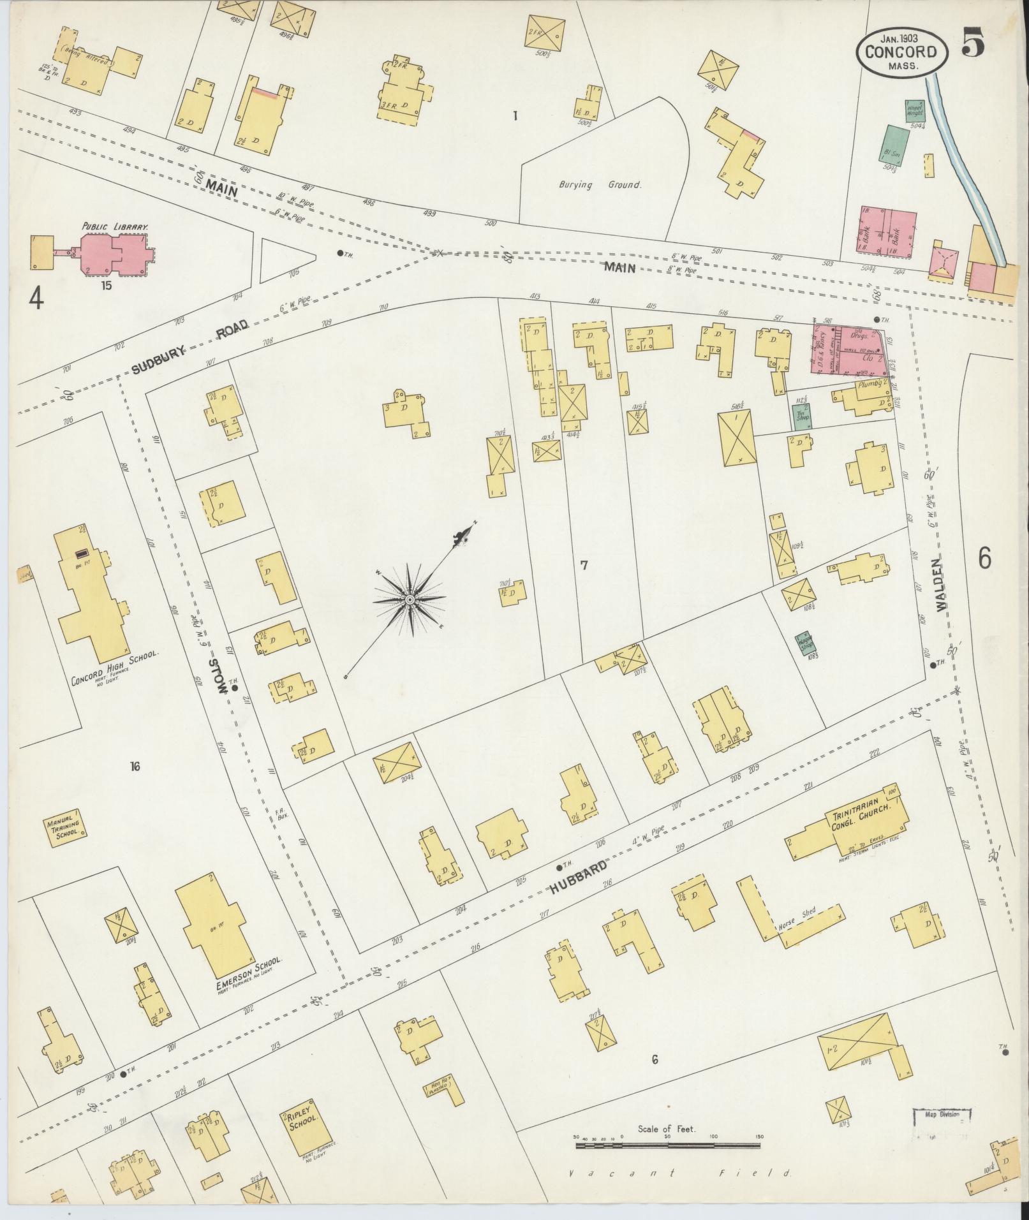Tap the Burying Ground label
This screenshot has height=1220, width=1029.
600,185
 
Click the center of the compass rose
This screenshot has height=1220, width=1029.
410,599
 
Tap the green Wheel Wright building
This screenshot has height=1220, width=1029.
914,111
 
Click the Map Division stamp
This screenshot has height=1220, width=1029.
944,1115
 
